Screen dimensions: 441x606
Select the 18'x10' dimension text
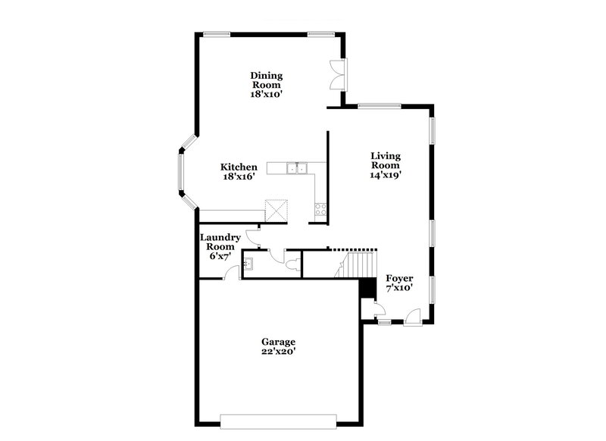point(267,95)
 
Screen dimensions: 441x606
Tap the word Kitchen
point(239,167)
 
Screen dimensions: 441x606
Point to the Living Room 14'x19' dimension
point(385,174)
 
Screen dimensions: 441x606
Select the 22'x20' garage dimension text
point(280,352)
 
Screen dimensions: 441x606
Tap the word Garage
point(280,342)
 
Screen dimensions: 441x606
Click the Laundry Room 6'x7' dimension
point(220,257)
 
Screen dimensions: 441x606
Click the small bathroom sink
point(249,264)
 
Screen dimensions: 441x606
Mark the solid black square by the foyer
point(367,288)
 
